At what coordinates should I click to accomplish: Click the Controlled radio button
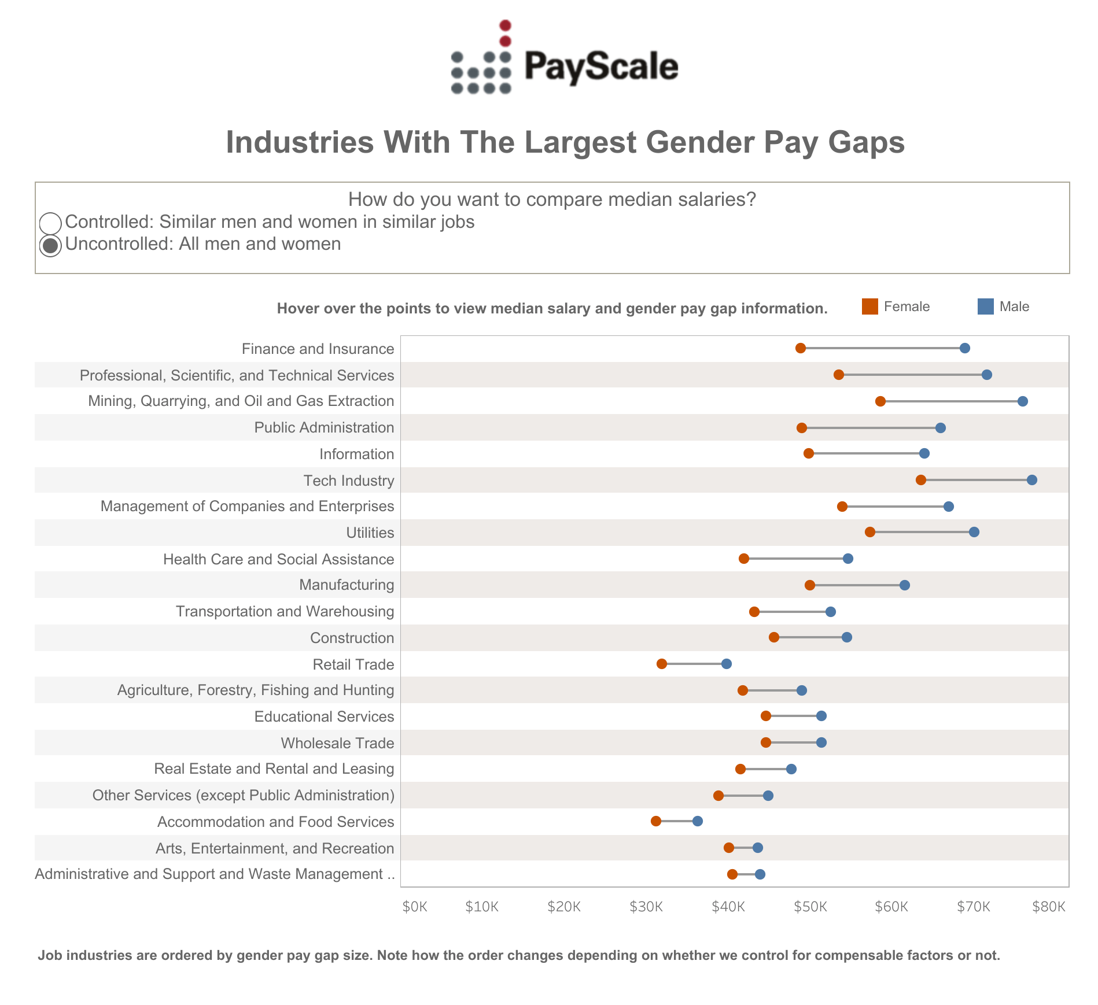[50, 223]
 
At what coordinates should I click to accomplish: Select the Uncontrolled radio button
[50, 245]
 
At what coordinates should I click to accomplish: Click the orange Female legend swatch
[869, 306]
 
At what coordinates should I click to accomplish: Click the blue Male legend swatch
[985, 306]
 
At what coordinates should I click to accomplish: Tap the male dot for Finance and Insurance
[965, 348]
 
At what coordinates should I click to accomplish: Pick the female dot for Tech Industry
[921, 480]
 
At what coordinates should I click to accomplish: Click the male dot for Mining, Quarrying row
[1023, 401]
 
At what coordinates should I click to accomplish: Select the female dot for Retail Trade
[662, 664]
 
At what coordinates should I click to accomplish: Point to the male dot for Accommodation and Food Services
[698, 821]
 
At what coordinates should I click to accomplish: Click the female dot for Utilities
[870, 532]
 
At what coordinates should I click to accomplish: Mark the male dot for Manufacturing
[905, 585]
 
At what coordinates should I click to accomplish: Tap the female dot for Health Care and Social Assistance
[744, 559]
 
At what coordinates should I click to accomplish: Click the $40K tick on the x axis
[728, 907]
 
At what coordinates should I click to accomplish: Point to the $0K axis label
[415, 907]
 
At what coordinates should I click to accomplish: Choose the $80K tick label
[1048, 907]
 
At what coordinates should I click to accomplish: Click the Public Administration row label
[324, 428]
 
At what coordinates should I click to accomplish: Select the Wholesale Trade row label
[337, 743]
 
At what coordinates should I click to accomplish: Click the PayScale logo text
[601, 66]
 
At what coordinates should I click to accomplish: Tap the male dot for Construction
[847, 637]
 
